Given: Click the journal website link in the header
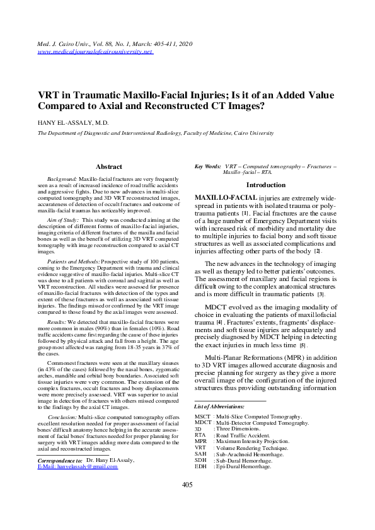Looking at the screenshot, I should click(95, 52).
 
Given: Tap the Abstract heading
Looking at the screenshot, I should click(108, 166).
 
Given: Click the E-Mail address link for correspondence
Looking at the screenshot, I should click(78, 466).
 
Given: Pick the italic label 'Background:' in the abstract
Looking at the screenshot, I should click(62, 180).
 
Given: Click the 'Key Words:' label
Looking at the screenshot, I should click(207, 166).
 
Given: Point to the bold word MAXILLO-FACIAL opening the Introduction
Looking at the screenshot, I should click(226, 198).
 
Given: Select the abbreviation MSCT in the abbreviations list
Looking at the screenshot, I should click(202, 417).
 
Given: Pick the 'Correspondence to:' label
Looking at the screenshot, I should click(57, 460).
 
